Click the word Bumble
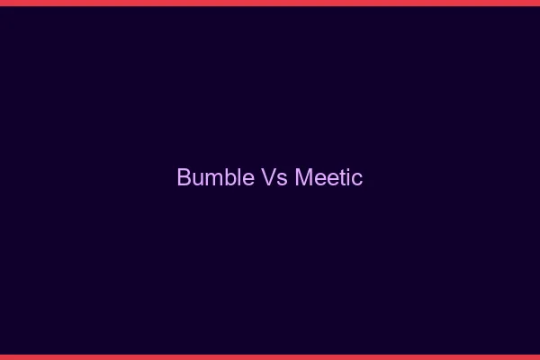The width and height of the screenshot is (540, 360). coord(215,177)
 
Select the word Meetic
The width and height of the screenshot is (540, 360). coord(328,177)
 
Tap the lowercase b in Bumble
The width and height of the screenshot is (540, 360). coord(229,177)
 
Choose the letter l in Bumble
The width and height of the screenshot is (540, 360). coord(238,177)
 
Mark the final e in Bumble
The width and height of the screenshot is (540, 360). coord(247,179)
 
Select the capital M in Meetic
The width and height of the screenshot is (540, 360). coord(302,177)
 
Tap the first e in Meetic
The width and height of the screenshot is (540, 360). coord(318,179)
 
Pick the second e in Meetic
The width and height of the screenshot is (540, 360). coord(331,179)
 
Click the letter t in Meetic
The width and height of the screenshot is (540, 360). coord(341,178)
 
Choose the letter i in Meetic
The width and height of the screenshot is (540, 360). coord(347,178)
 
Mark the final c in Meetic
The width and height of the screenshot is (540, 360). coord(356,179)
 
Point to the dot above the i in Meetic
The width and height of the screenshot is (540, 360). coord(347,169)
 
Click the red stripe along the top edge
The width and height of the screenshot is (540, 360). coord(270,3)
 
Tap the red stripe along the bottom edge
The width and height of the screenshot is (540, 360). coord(270,356)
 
